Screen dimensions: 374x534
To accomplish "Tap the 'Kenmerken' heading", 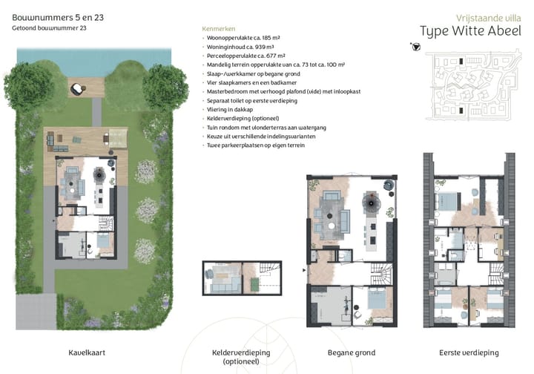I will pos(217,28).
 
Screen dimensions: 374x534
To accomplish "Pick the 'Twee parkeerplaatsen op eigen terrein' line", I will pos(257,145).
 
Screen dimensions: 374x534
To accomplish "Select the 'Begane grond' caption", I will pos(352,352).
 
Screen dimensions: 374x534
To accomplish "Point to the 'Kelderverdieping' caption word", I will pos(240,352).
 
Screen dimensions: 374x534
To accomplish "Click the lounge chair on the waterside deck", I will pos(76,89).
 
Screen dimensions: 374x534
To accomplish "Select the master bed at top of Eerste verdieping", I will pos(451,199).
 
